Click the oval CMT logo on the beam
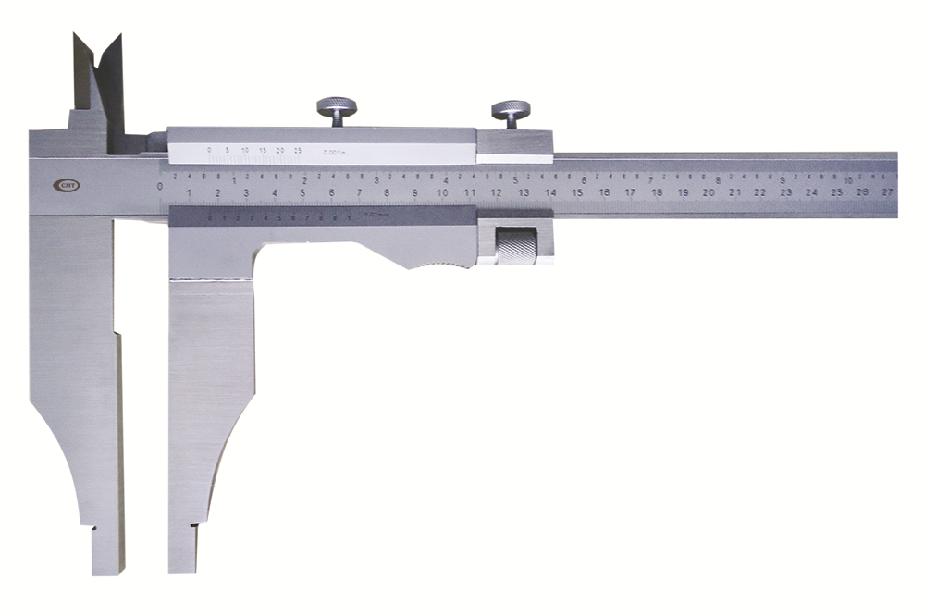coord(67,185)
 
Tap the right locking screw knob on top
coord(511,110)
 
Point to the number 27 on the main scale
coord(888,192)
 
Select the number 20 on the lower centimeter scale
coord(709,192)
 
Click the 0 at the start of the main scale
coord(161,187)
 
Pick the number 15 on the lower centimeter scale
coord(576,192)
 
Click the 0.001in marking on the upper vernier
coord(335,151)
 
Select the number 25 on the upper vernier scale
coord(298,149)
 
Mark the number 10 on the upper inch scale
coord(847,179)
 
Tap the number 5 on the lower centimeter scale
coord(303,192)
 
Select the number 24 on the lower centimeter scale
coord(811,192)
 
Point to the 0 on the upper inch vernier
coord(210,149)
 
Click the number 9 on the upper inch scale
coord(784,179)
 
